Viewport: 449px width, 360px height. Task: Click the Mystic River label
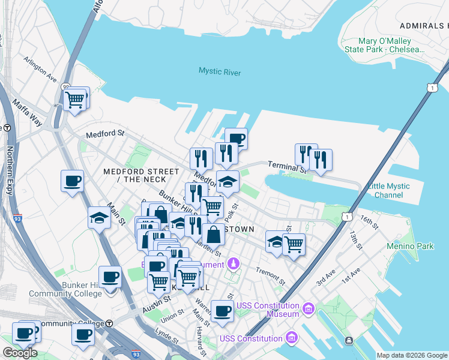220,73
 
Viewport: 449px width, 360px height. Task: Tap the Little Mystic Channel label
391,191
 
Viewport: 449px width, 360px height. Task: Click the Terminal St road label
286,165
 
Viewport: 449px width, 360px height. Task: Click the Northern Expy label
10,173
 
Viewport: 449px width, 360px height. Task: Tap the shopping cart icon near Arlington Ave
74,100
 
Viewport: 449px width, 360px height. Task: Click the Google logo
19,353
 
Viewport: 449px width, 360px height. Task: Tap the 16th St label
369,223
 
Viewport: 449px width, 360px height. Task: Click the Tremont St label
271,276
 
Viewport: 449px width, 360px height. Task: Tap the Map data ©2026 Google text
412,355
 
